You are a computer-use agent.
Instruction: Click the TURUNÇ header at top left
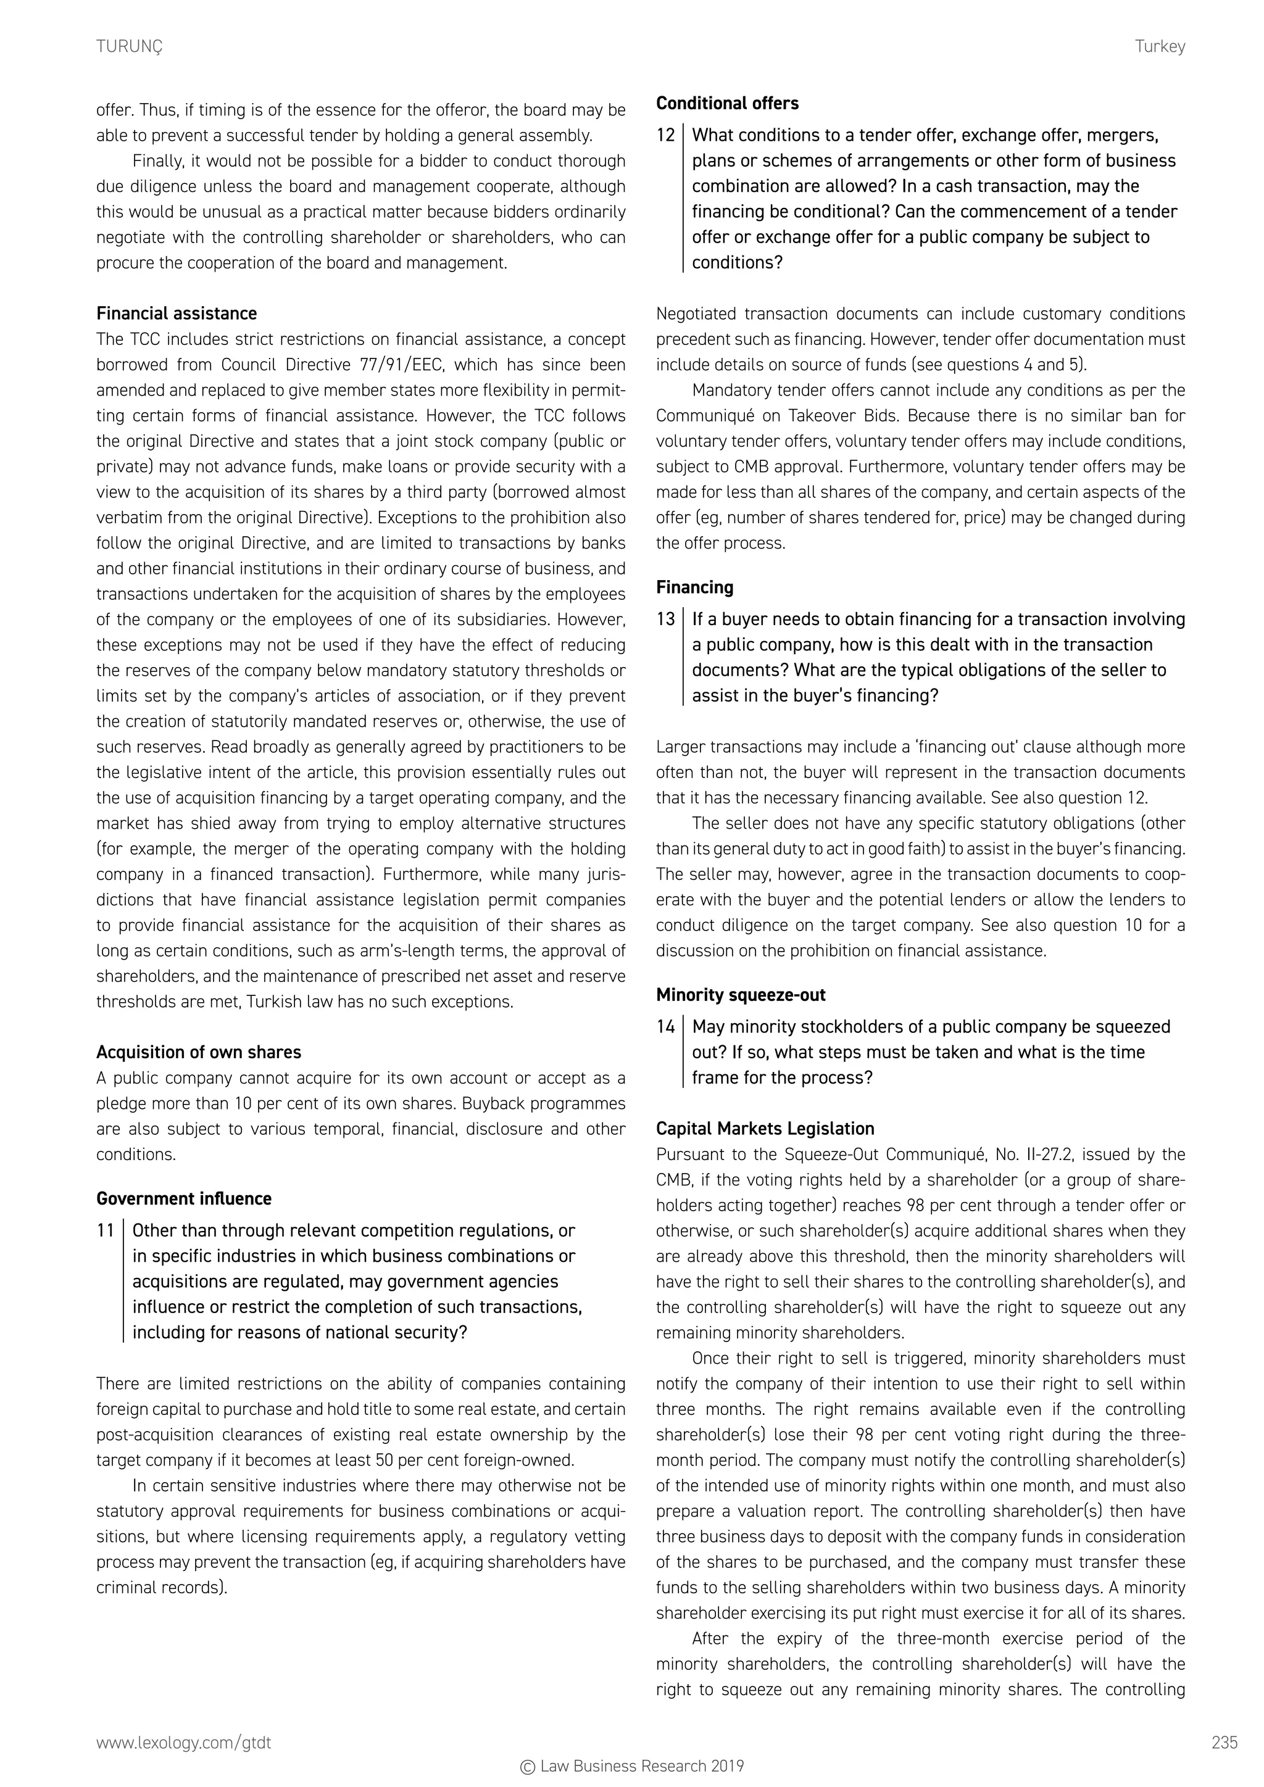[x=129, y=47]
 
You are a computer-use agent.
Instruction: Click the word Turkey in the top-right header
[x=1160, y=47]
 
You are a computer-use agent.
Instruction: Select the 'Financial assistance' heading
[x=177, y=313]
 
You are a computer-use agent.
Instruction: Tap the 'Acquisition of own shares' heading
[x=199, y=1052]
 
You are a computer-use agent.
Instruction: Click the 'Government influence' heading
[x=184, y=1198]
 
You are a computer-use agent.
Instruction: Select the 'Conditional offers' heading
[x=727, y=104]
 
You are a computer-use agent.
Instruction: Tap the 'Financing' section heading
[x=694, y=587]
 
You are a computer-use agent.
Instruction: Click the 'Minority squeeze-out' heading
[x=740, y=995]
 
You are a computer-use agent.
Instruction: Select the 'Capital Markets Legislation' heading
[x=765, y=1129]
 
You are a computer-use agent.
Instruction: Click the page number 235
[x=1224, y=1743]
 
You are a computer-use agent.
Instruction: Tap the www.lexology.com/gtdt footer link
[x=184, y=1743]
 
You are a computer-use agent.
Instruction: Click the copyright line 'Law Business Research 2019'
[x=632, y=1766]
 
